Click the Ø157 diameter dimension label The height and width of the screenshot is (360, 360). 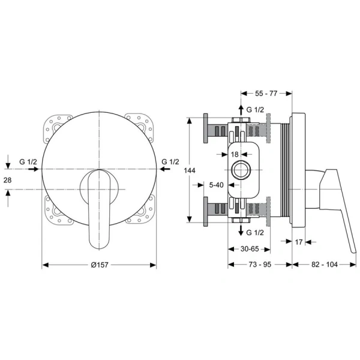coord(100,265)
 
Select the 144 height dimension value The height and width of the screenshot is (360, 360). coord(190,170)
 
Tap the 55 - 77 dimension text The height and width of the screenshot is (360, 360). coord(266,94)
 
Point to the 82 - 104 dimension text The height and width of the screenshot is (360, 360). coord(325,265)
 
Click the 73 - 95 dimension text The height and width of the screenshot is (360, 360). coord(260,265)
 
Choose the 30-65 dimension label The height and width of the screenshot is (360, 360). coord(250,249)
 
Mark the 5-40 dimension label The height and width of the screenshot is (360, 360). coord(216,185)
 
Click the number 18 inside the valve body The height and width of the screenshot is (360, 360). coord(235,154)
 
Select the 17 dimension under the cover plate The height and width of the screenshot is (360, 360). coord(298,242)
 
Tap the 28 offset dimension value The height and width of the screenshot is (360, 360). coord(7,180)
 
